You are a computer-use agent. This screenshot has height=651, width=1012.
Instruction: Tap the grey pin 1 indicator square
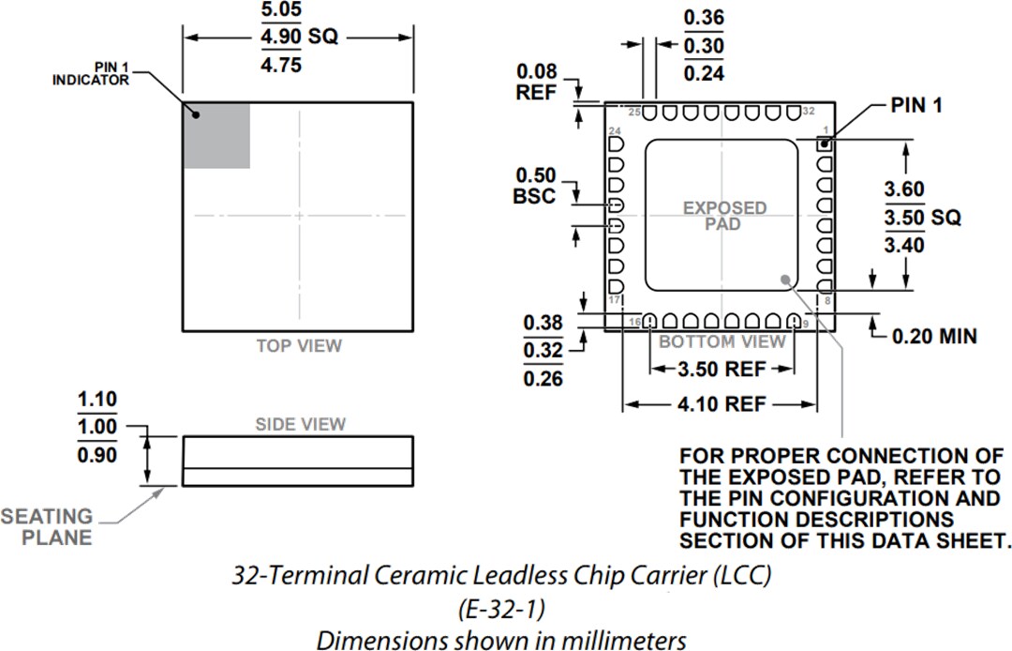tap(216, 135)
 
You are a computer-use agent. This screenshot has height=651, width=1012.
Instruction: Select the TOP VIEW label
tap(299, 346)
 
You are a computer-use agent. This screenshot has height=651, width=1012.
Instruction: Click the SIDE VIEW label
tap(300, 425)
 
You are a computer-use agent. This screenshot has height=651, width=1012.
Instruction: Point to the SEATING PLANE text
tap(47, 527)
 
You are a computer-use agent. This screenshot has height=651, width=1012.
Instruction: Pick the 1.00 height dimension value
tap(97, 427)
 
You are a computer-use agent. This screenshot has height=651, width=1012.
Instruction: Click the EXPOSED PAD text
tap(724, 216)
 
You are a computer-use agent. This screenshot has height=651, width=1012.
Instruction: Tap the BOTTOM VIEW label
tap(722, 341)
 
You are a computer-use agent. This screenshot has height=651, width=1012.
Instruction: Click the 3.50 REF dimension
tap(721, 370)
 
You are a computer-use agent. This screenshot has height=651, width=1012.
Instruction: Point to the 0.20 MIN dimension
tap(933, 335)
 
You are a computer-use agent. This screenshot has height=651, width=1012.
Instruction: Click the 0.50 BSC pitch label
tap(536, 186)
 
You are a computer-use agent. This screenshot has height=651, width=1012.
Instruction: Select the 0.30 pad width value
tap(704, 45)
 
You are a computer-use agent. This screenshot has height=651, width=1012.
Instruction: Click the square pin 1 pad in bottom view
tap(825, 144)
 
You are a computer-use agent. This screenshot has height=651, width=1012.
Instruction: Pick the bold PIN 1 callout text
tap(915, 106)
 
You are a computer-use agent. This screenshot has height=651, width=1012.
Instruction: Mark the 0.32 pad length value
tap(543, 351)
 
